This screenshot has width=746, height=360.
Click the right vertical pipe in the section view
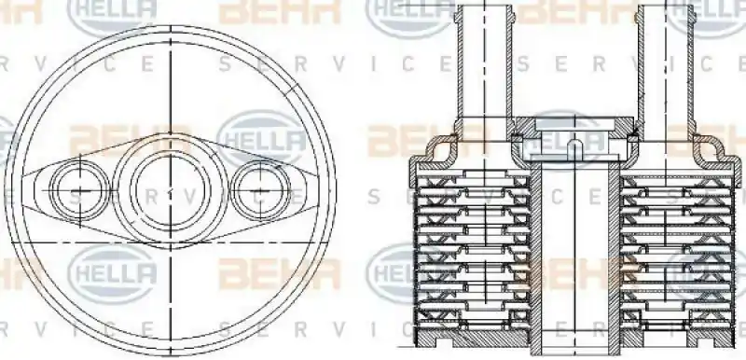(663, 65)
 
